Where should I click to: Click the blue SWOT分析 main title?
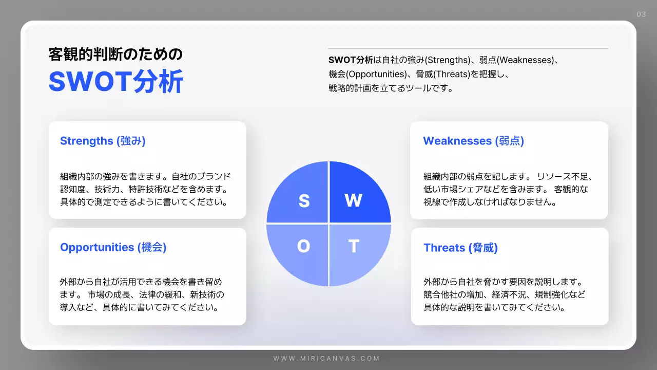116,81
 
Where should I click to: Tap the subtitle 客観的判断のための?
115,54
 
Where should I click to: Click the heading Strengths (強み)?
103,141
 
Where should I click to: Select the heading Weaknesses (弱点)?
473,141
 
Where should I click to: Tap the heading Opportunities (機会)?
113,247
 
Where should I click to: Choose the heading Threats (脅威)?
460,248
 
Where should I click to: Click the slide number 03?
641,14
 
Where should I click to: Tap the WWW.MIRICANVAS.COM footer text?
326,359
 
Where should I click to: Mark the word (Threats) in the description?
451,74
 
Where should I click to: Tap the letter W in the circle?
353,200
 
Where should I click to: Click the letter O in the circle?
303,247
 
